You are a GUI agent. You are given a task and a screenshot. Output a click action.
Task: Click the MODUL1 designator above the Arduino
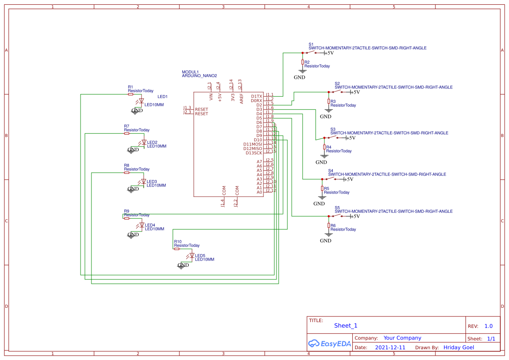coord(190,71)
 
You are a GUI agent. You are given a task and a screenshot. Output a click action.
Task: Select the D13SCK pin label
coord(254,153)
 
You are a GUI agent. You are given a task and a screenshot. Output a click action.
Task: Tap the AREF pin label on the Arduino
coord(242,97)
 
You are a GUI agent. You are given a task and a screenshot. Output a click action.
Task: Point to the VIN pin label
coord(211,98)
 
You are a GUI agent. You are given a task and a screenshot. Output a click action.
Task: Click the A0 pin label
coord(260,192)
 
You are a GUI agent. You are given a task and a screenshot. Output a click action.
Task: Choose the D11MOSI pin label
coord(253,144)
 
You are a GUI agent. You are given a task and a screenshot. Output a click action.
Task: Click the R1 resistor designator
coord(130,87)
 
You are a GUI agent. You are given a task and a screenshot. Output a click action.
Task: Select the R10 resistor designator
coord(178,241)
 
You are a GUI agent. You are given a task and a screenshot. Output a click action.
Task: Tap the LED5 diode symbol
coord(191,256)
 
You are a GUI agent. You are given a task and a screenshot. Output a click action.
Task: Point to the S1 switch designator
coord(311,44)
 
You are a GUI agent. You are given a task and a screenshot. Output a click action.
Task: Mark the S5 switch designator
coord(337,207)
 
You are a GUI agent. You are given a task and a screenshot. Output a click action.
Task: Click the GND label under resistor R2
coord(300,77)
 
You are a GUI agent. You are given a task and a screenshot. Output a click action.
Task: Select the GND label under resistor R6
coord(326,241)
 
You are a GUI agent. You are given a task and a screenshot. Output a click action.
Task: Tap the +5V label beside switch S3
coord(351,138)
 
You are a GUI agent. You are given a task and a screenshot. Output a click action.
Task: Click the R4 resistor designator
coord(329,147)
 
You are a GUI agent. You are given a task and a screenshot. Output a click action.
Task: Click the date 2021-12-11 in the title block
coord(390,347)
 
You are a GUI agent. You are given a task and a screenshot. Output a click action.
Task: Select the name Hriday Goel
coord(458,347)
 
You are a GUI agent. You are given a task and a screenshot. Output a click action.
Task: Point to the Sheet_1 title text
coord(345,326)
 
